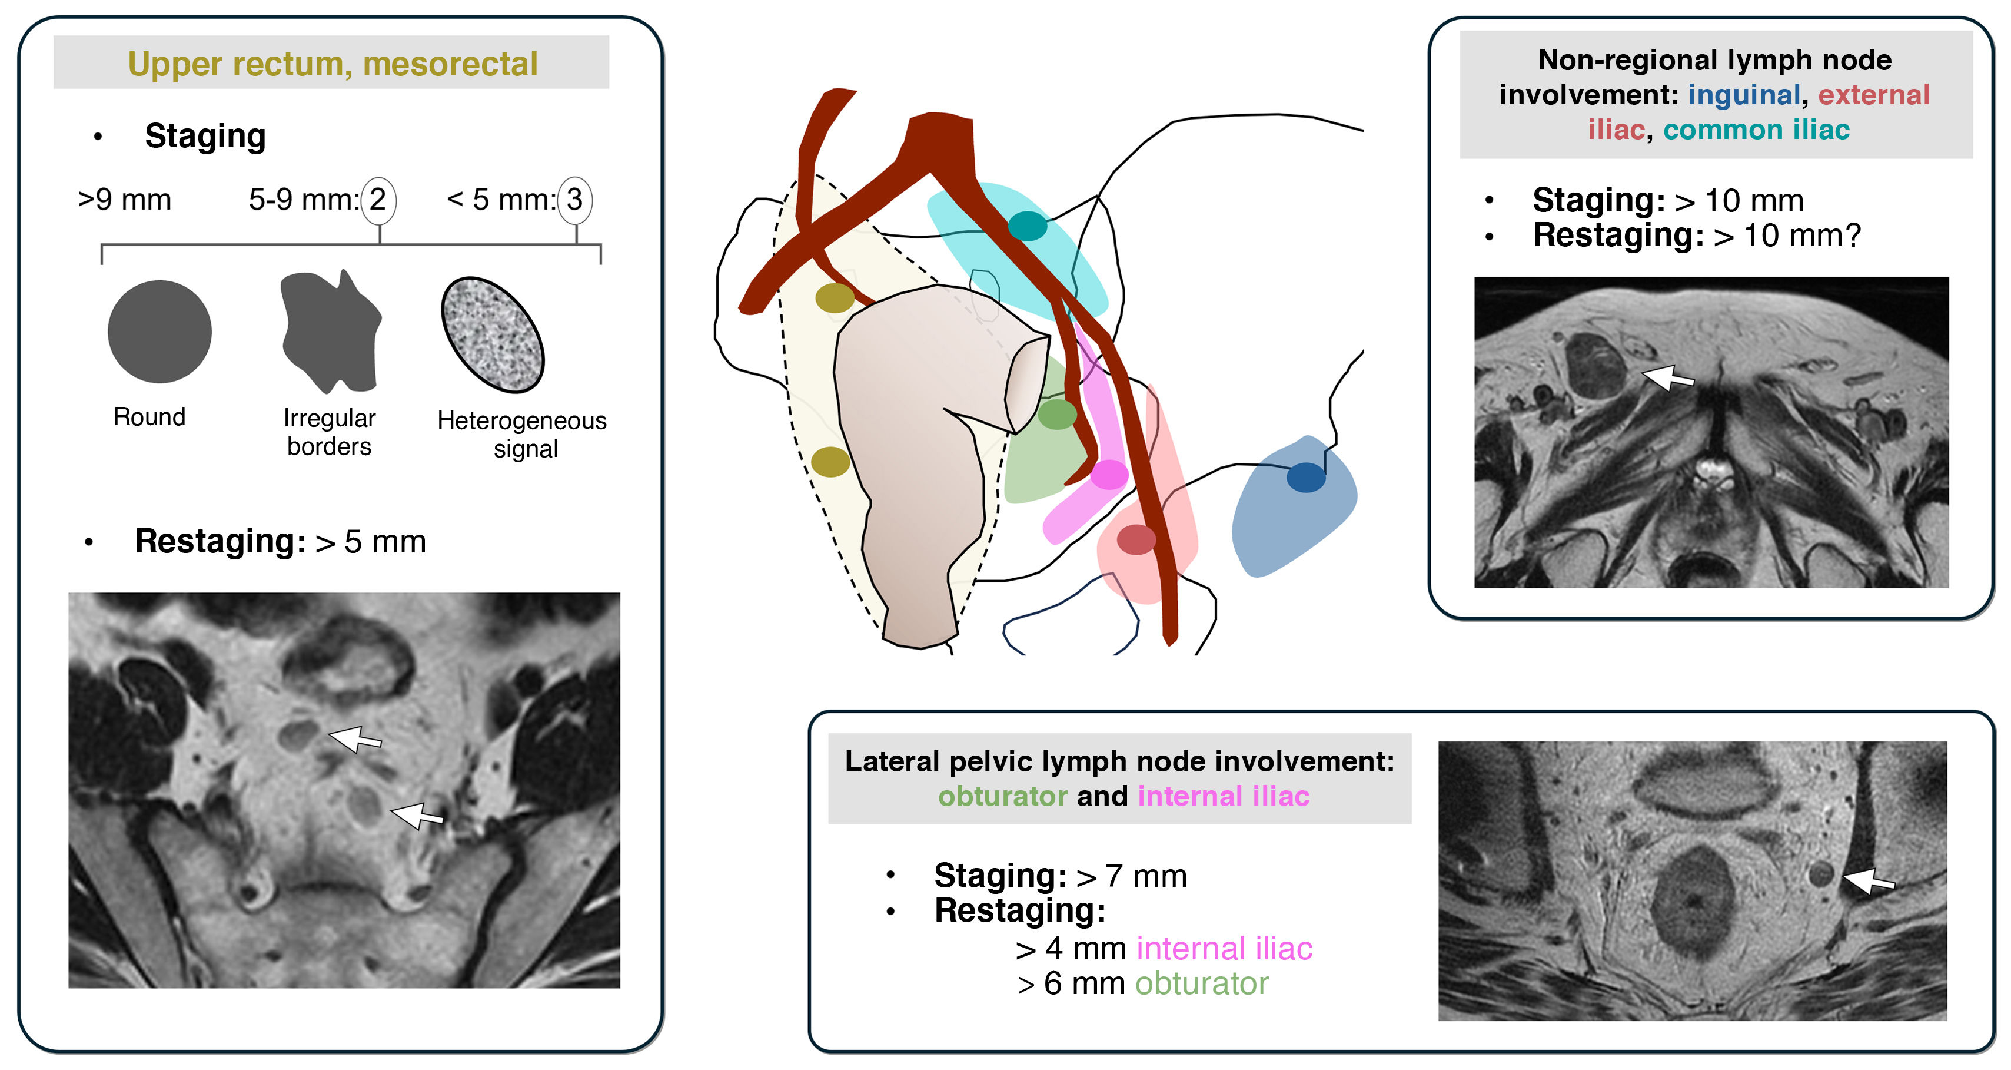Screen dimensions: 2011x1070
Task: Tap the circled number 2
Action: click(378, 200)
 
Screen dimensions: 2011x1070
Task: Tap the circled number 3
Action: click(576, 200)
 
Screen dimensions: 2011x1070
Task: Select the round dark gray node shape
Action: click(159, 332)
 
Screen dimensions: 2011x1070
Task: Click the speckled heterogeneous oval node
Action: click(493, 334)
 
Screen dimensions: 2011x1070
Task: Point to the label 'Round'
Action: click(149, 417)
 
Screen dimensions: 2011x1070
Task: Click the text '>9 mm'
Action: click(125, 200)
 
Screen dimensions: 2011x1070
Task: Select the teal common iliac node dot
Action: click(1028, 226)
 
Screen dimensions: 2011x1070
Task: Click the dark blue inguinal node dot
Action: click(1305, 477)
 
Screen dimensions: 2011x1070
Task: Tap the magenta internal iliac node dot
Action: click(1109, 474)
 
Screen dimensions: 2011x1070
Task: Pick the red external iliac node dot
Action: click(1136, 539)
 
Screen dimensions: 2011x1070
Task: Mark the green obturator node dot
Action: click(1057, 414)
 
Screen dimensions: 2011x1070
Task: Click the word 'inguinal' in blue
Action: click(1743, 94)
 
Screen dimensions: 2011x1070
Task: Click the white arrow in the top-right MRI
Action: click(1668, 378)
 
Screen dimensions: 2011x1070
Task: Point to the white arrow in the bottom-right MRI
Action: click(1868, 881)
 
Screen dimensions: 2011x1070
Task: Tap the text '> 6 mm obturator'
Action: click(1143, 984)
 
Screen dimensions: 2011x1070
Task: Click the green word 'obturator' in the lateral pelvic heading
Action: click(1002, 796)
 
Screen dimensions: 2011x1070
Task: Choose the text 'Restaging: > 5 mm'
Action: click(280, 541)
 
